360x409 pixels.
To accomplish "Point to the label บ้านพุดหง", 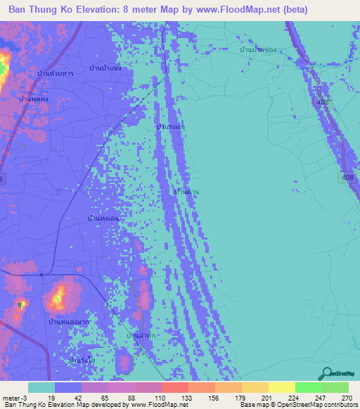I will click(x=34, y=100).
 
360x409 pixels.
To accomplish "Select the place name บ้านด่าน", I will click(x=186, y=191).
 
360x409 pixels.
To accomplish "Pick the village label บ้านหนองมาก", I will click(x=67, y=322).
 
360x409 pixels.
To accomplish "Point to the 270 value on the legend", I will click(x=347, y=398).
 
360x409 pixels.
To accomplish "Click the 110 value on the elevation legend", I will click(x=159, y=398).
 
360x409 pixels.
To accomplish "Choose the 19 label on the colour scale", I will click(x=52, y=398).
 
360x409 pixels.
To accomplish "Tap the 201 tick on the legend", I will click(x=266, y=398).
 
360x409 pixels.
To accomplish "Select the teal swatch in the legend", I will click(x=41, y=387).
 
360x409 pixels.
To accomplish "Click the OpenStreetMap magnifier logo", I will click(x=326, y=374).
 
